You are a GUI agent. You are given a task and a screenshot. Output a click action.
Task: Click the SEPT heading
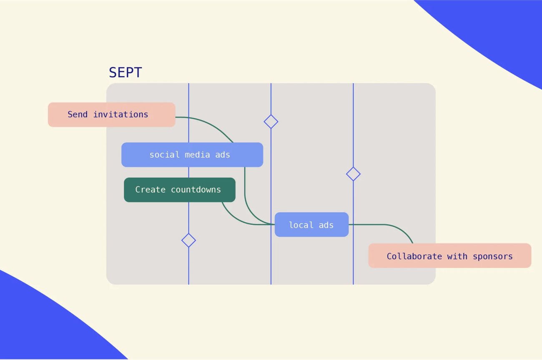point(125,72)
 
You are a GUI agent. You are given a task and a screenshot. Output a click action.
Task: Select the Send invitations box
point(112,115)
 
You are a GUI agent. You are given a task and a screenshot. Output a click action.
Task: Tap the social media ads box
point(192,155)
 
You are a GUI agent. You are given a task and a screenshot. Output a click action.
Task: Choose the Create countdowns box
point(180,190)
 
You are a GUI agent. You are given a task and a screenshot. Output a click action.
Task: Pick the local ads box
point(312,225)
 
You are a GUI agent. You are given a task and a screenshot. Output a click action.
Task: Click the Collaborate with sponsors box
point(450,255)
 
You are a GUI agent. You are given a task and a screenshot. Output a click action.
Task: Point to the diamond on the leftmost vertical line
point(189,240)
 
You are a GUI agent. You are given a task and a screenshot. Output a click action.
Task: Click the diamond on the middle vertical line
point(271,122)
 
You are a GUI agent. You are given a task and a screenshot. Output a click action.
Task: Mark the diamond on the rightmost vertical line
point(353,174)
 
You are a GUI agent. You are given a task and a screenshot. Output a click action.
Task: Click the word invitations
point(120,115)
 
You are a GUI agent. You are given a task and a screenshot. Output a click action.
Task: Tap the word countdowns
point(196,190)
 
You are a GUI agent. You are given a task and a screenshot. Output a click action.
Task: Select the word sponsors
point(493,257)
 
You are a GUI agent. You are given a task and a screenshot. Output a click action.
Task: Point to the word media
point(197,155)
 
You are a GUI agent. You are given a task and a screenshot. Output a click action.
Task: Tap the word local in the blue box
point(301,225)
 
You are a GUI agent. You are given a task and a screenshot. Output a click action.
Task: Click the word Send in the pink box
point(78,115)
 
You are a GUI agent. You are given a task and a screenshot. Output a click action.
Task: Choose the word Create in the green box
point(150,190)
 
